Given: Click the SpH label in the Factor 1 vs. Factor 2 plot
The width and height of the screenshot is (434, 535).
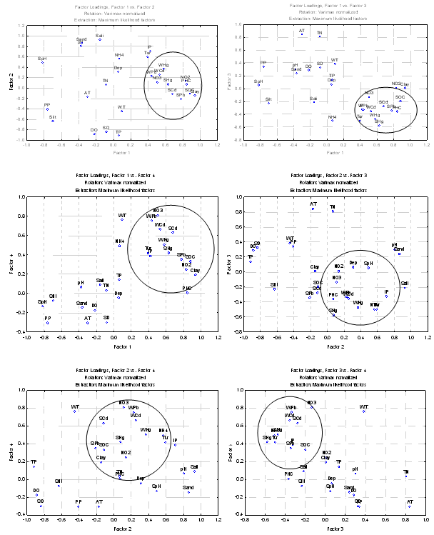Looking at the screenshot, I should click(42, 58).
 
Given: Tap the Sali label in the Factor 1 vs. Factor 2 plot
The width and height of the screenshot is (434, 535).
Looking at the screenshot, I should click(99, 35).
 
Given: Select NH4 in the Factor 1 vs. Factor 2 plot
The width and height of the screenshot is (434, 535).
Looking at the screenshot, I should click(119, 54).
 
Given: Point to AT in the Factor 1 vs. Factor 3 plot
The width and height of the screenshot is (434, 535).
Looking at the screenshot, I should click(302, 31).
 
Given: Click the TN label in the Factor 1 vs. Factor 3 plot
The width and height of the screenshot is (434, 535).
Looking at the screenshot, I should click(320, 32).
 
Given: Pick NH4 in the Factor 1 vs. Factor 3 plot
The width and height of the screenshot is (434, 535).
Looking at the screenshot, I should click(332, 116).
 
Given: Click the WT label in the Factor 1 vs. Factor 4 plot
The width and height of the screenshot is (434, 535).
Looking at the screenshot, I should click(122, 215).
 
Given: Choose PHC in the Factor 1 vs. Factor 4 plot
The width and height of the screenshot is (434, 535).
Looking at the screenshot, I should click(187, 287).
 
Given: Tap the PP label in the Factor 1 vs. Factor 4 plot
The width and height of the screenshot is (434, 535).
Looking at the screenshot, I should click(48, 318).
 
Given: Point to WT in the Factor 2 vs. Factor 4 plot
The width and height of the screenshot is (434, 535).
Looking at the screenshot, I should click(74, 406).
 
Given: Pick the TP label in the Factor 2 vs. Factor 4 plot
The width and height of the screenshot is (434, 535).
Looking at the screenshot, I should click(34, 462).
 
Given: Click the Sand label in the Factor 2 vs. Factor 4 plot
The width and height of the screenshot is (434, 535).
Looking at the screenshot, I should click(188, 488).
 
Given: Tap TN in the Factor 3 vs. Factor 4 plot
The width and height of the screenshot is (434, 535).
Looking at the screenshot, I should click(406, 472).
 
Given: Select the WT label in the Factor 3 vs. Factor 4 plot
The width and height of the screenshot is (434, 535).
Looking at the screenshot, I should click(363, 406).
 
